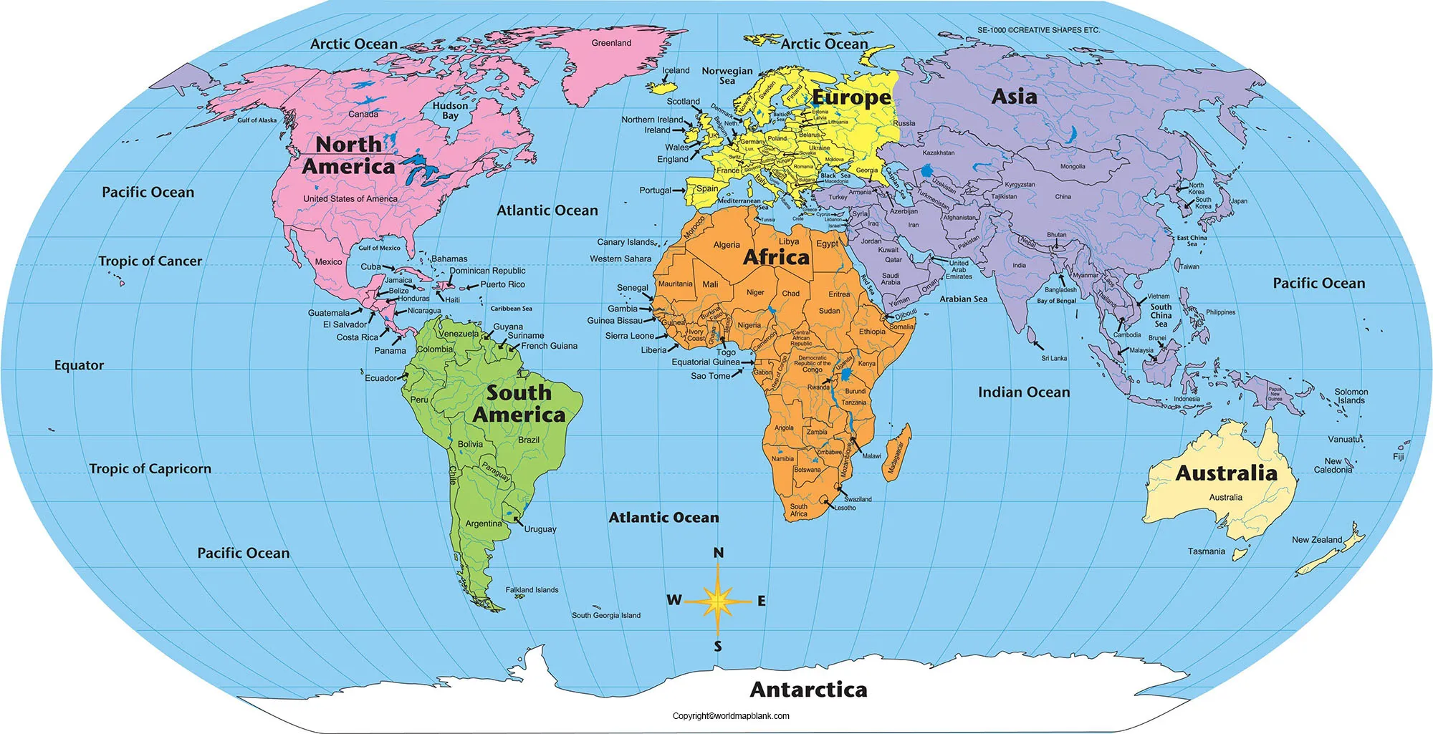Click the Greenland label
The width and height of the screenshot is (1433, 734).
pos(611,43)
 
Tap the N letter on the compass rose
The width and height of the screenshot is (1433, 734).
pos(718,553)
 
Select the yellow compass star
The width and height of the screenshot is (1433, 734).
pos(717,601)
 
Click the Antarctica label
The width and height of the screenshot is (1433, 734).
pos(808,690)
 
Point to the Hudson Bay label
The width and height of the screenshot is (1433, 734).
pos(450,110)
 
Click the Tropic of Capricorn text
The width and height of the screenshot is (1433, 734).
pos(150,469)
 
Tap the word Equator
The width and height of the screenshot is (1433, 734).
pos(79,365)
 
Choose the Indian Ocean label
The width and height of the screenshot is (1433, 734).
pos(1023,392)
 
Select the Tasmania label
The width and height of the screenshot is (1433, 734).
pos(1206,551)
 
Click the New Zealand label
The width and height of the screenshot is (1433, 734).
pos(1317,540)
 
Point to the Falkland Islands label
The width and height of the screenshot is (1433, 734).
pos(532,590)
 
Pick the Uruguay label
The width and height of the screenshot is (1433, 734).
pos(540,529)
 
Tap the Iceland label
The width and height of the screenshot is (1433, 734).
pos(676,70)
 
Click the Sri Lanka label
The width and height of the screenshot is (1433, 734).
pos(1054,358)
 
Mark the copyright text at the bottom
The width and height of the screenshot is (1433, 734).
pos(731,716)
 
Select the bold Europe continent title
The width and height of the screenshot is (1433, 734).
pos(851,97)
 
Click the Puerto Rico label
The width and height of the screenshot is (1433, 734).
pos(502,284)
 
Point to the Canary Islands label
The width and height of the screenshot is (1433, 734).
pos(626,242)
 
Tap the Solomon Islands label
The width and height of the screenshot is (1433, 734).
pos(1351,396)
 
